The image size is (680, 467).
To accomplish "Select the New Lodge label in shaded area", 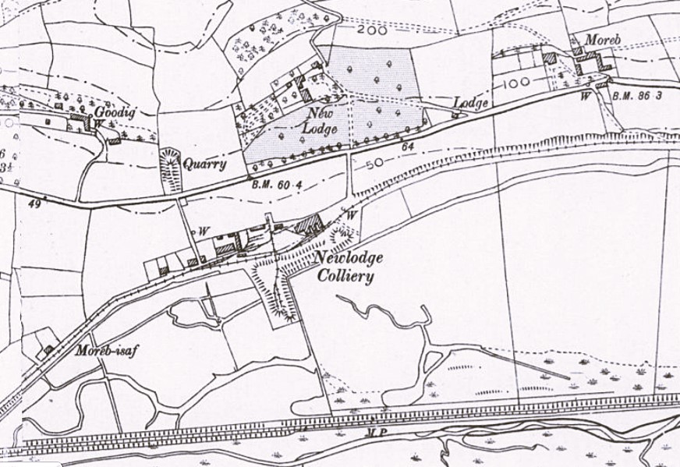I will coord(321,121).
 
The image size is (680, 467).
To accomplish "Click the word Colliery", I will coord(345,276).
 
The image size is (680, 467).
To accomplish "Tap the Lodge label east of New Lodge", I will coord(471,103).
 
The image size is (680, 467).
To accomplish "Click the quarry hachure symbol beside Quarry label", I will coord(169,168).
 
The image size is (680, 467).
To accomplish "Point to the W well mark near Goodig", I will coord(99,123).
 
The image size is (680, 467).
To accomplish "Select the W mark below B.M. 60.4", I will coord(204,231).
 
